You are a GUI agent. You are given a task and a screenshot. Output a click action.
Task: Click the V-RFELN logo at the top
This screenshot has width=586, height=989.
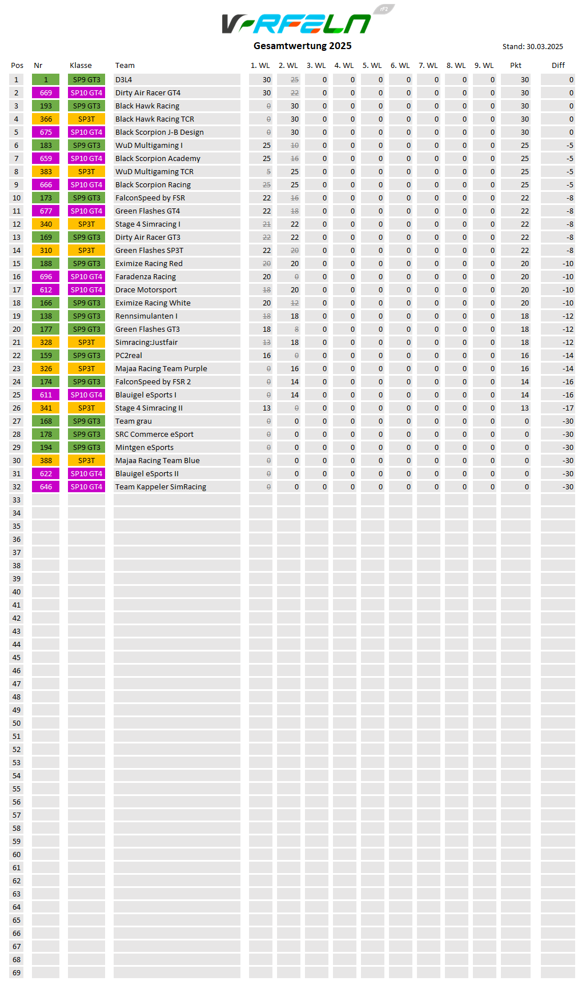coord(297,23)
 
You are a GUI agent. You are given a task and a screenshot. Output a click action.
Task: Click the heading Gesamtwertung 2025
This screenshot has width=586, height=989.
coord(302,46)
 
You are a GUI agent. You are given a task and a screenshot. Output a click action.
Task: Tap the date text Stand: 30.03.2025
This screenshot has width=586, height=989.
coord(532,47)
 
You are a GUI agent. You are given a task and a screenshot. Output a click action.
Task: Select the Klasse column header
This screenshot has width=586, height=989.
coord(81,66)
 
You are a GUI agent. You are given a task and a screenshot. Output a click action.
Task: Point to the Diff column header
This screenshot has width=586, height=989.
coord(558,66)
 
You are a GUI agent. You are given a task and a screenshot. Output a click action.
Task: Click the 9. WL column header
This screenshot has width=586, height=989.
coord(484,66)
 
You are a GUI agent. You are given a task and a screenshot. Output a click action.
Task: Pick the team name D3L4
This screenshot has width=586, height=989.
coord(123,80)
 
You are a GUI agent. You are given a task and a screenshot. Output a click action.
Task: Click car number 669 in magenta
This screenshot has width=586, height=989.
coord(46,93)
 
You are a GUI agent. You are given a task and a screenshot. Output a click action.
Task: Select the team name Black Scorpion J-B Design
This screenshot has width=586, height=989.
coord(159,132)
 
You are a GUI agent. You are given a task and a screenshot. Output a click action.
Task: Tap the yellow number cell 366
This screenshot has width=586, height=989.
coord(46,119)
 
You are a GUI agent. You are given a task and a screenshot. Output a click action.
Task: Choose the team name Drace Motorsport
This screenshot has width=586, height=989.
coord(146,290)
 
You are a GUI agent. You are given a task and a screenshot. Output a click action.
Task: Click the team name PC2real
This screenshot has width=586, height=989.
coord(129,356)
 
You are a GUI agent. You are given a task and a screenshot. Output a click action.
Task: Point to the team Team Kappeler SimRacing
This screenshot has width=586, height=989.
coord(160,487)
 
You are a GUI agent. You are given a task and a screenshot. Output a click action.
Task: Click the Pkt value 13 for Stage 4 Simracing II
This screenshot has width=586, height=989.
coord(524,408)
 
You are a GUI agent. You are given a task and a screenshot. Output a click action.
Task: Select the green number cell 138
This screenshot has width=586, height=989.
coord(46,316)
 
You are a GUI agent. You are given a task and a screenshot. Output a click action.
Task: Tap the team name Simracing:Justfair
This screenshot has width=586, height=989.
coord(146,343)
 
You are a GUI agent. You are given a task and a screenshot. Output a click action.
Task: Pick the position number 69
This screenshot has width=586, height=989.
coord(17,973)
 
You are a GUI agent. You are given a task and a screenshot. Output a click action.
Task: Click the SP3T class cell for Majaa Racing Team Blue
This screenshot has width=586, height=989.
coord(86,461)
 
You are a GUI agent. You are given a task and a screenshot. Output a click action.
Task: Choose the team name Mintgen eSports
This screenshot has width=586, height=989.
coord(145,448)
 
